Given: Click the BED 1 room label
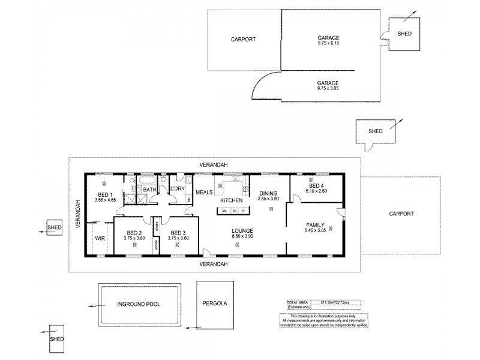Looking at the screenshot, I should click(x=106, y=194).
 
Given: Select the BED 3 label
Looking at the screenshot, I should click(x=178, y=233).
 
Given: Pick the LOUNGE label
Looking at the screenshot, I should click(x=243, y=230).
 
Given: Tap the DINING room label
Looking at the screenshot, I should click(x=268, y=193).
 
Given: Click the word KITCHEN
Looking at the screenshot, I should click(x=231, y=200).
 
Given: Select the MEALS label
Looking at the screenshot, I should click(x=204, y=193).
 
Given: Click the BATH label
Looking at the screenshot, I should click(x=149, y=190).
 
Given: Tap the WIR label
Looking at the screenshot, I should click(x=99, y=238).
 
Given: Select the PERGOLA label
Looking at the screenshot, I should click(x=214, y=304).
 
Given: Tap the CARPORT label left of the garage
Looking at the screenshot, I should click(x=243, y=40).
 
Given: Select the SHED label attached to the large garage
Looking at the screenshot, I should click(x=404, y=34).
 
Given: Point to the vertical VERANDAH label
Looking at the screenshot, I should click(x=77, y=213).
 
